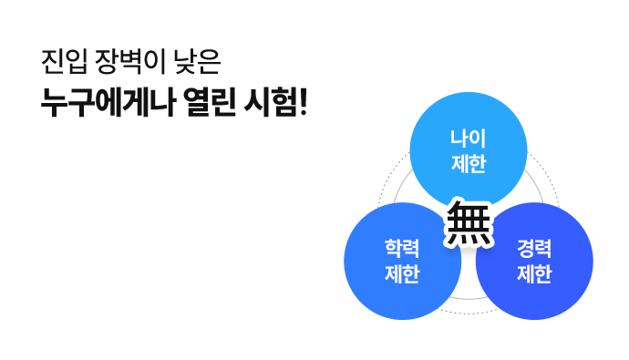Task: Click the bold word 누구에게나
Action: pos(103,101)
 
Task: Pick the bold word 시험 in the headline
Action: pos(268,101)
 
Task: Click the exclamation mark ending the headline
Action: pos(303,101)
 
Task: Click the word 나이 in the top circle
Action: pos(468,139)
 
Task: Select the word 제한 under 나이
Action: pos(468,164)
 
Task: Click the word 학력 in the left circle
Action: pos(402,249)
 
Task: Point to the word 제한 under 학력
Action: pos(402,273)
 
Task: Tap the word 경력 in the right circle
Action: pos(534,249)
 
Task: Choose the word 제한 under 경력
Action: pos(534,273)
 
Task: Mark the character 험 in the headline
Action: pos(282,101)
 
